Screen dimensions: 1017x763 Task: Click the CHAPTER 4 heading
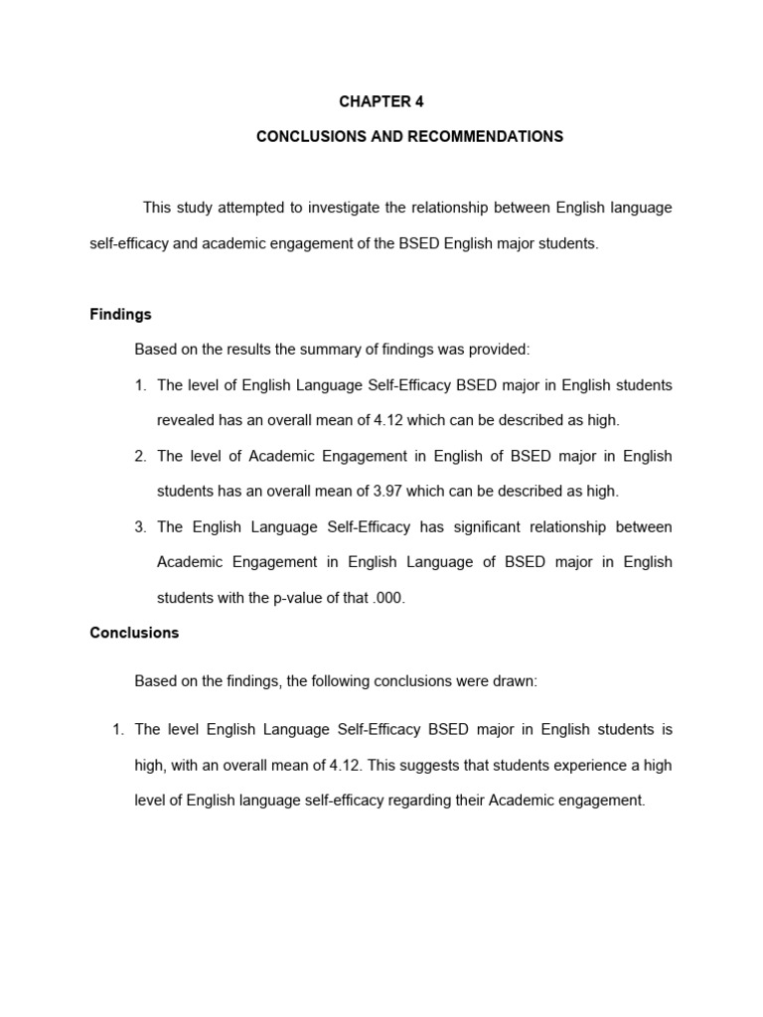click(374, 101)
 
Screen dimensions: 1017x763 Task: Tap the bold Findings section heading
click(120, 314)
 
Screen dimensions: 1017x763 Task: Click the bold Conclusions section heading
click(134, 633)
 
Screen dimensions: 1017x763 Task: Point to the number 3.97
click(385, 491)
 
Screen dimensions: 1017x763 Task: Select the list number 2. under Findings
click(140, 456)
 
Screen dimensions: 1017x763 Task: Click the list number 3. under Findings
click(140, 526)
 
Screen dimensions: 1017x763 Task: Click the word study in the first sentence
click(194, 208)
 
